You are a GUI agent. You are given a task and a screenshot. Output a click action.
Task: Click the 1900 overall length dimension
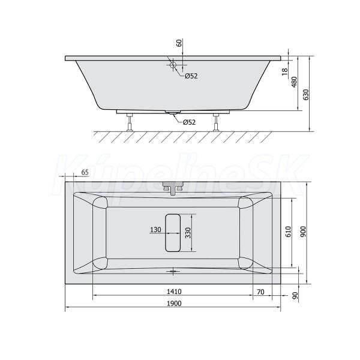[x=174, y=303]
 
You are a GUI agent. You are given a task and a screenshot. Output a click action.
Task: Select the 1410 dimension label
[x=174, y=292]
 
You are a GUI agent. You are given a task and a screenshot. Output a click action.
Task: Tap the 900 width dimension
[x=303, y=232]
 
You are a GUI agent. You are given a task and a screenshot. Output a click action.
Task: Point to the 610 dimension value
[x=289, y=232]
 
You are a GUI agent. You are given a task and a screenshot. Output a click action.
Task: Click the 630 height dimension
[x=305, y=95]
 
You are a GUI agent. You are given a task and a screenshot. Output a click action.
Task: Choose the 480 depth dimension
[x=294, y=82]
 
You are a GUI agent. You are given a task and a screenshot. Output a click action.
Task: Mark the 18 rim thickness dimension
[x=284, y=71]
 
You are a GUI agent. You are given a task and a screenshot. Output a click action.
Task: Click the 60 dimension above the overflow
[x=179, y=43]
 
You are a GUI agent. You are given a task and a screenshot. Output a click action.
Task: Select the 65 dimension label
[x=85, y=172]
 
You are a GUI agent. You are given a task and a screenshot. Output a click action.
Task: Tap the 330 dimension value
[x=188, y=233]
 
